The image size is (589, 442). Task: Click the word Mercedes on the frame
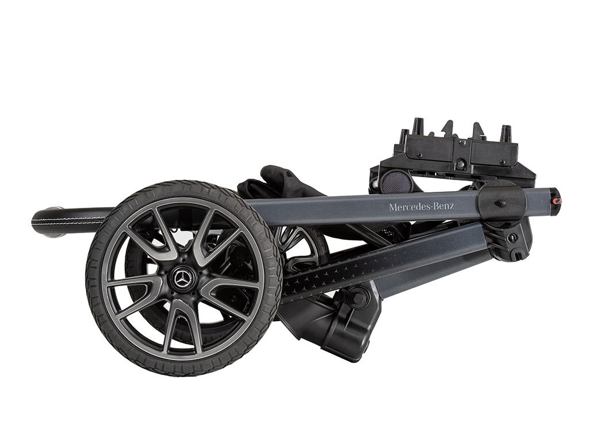pos(407,207)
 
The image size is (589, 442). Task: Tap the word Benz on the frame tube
pos(442,206)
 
